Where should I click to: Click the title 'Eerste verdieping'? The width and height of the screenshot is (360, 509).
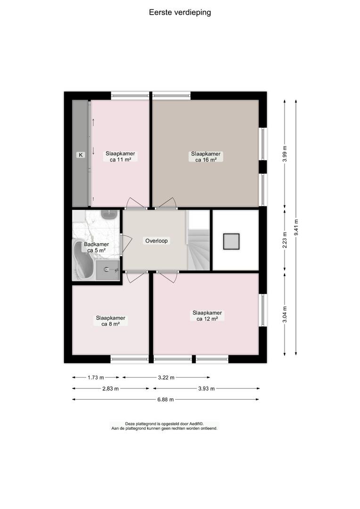[x=180, y=12]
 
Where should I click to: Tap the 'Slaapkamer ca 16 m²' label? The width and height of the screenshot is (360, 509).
[x=206, y=157]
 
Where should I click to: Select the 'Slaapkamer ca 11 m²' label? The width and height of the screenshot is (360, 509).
[x=120, y=156]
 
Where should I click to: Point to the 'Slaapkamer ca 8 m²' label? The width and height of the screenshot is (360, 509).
[x=110, y=321]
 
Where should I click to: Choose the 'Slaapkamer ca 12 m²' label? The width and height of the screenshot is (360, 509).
[x=207, y=316]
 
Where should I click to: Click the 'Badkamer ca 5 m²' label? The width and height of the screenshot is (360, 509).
[x=97, y=247]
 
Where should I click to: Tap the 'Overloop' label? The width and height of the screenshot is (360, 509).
[x=156, y=241]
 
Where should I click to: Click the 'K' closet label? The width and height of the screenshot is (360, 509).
[x=81, y=155]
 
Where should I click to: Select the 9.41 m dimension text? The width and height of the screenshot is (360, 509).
[x=296, y=228]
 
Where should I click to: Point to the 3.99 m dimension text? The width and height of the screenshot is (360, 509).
[x=284, y=154]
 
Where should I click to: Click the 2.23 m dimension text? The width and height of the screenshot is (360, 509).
[x=284, y=240]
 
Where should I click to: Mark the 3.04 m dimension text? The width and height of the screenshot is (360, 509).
[x=284, y=314]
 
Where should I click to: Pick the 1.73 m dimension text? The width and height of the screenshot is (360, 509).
[x=96, y=378]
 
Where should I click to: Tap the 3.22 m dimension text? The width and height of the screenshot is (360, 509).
[x=166, y=378]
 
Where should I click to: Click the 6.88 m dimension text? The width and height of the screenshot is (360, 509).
[x=165, y=400]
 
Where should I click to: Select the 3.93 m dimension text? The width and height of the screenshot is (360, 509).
[x=206, y=388]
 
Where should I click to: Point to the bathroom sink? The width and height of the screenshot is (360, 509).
[x=109, y=214]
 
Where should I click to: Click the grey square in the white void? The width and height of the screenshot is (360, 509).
[x=231, y=241]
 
